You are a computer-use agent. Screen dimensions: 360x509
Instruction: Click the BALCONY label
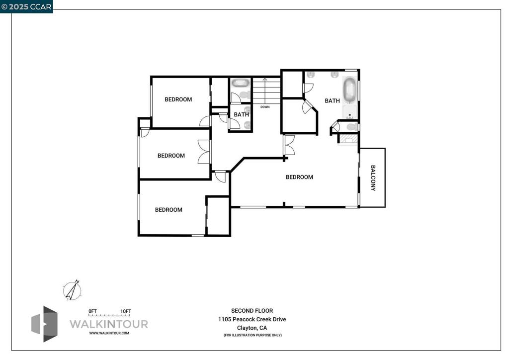click(x=373, y=178)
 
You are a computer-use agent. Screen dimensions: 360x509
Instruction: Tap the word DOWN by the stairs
click(x=265, y=107)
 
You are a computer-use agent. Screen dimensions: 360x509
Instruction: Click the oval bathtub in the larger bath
click(x=349, y=90)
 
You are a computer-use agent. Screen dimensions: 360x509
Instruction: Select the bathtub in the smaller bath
click(x=241, y=83)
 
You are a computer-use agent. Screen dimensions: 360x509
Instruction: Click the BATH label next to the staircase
click(x=242, y=114)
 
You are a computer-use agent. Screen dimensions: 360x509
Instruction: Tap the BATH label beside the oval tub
click(x=332, y=100)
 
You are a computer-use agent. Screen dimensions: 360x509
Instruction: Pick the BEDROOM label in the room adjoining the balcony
click(x=299, y=177)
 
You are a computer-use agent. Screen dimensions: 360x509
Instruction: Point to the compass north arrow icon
click(x=73, y=290)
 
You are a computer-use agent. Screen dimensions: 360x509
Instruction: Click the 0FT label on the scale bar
click(x=92, y=311)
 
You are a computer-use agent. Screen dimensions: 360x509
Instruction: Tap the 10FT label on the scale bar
click(x=126, y=311)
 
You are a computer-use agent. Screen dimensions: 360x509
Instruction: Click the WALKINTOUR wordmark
click(x=108, y=324)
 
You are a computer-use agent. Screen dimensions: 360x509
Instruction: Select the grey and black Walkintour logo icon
click(x=44, y=324)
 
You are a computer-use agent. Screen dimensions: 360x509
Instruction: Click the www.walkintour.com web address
click(x=109, y=333)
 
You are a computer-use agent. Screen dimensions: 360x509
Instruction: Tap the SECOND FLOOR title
click(x=252, y=311)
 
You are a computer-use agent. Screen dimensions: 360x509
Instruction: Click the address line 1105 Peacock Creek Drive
click(x=252, y=319)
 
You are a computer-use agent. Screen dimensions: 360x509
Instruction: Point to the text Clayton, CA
click(x=252, y=328)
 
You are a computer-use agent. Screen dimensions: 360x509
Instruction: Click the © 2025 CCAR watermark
click(x=26, y=6)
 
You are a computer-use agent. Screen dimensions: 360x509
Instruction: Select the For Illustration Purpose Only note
click(x=253, y=335)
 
